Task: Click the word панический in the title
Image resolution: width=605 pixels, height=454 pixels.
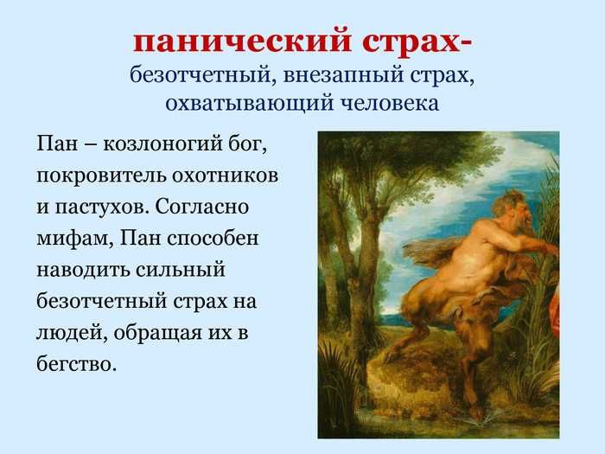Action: [242, 42]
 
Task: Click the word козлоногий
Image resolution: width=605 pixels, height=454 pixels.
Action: [162, 145]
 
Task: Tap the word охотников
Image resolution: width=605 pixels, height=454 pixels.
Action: [226, 176]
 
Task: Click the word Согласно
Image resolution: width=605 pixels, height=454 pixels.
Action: [202, 207]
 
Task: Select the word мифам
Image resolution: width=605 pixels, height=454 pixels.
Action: [74, 239]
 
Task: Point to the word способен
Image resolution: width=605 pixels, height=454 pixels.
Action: [213, 239]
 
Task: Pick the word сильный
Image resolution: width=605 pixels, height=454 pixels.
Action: [181, 270]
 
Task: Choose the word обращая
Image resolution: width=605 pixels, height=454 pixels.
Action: [158, 333]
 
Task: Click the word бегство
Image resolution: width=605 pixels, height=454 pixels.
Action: [76, 363]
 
